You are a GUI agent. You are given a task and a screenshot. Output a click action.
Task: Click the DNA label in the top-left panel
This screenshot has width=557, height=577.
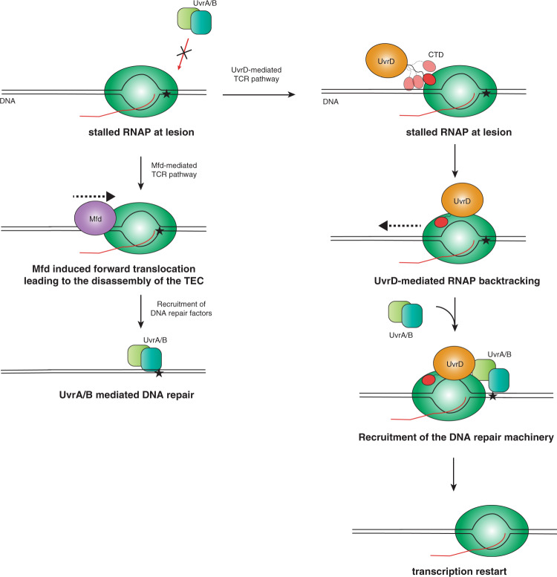pyautogui.click(x=9, y=98)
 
